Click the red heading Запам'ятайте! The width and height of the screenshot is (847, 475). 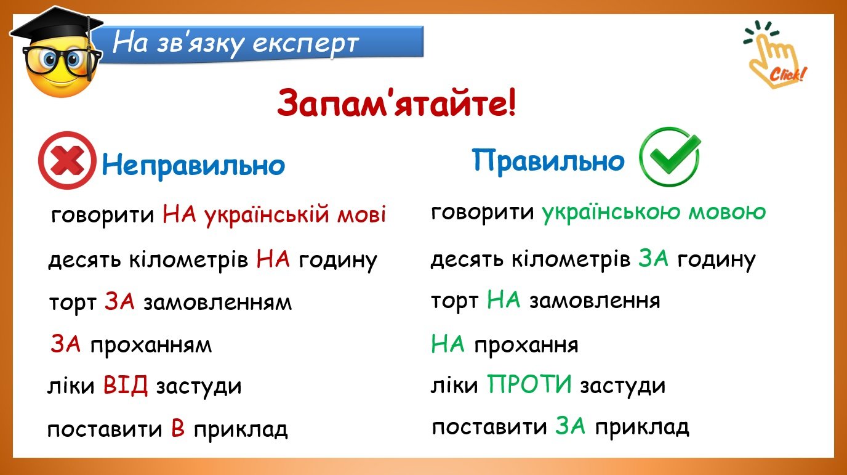click(396, 103)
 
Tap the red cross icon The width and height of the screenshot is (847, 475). click(67, 160)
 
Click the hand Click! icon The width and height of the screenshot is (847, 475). click(775, 55)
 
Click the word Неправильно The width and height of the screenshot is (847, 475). click(193, 165)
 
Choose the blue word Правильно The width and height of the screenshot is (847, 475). click(548, 160)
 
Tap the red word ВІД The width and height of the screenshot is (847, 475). click(125, 385)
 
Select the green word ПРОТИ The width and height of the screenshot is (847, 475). click(529, 384)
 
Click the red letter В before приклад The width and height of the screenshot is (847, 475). click(178, 428)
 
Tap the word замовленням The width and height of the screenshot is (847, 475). click(217, 303)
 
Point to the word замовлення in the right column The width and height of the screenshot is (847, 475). click(595, 301)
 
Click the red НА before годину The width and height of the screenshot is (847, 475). click(273, 259)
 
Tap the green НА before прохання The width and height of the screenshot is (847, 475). click(448, 344)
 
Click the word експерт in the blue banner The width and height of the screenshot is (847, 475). click(305, 44)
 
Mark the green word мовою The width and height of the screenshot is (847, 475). click(727, 213)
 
